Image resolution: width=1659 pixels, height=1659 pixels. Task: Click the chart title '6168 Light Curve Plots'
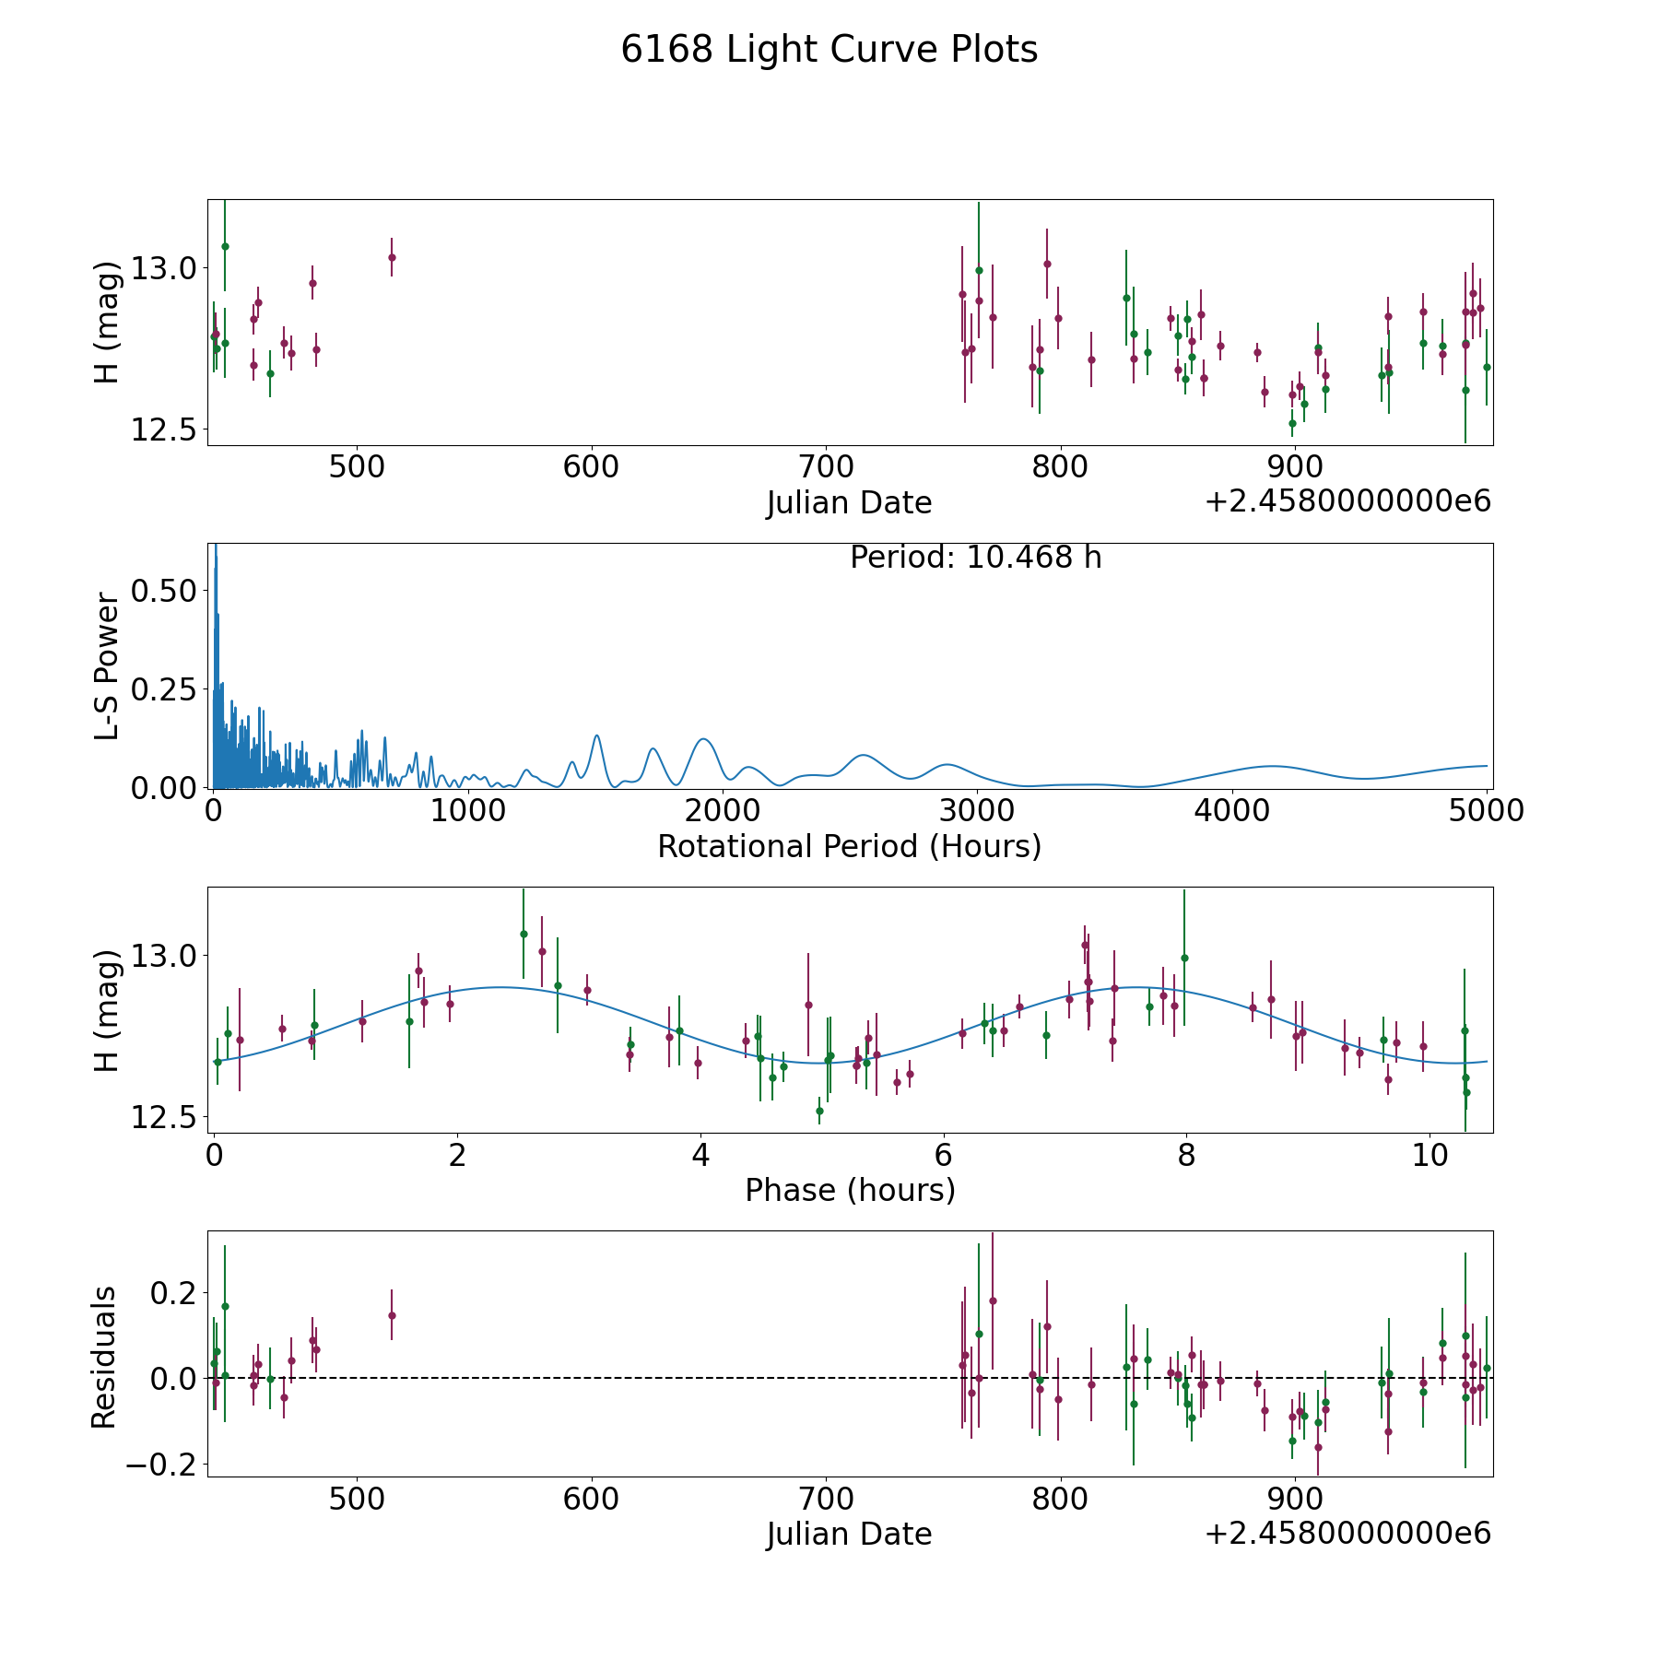coord(829,50)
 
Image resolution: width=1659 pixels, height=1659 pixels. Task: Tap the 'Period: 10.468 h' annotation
coord(975,558)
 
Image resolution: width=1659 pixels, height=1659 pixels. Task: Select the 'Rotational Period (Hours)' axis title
coord(849,846)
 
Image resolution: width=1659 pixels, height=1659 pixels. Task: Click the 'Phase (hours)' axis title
coord(850,1190)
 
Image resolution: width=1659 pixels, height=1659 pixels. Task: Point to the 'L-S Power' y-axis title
coord(107,665)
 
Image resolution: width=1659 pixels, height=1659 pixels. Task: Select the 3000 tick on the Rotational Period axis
coord(976,810)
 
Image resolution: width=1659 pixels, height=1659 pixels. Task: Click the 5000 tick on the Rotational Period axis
coord(1486,810)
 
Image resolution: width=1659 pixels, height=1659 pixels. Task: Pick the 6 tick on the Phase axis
coord(944,1154)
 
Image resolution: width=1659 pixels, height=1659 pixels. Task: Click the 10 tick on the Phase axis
coord(1430,1154)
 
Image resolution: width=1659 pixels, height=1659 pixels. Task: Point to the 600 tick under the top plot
coord(591,466)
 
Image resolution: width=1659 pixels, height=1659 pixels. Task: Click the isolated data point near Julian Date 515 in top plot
coord(392,257)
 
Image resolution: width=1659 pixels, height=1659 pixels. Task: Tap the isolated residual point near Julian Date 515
coord(392,1315)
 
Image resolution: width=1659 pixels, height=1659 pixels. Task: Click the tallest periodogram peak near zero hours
coord(216,547)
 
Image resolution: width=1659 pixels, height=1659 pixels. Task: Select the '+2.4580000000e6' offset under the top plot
coord(1347,501)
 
